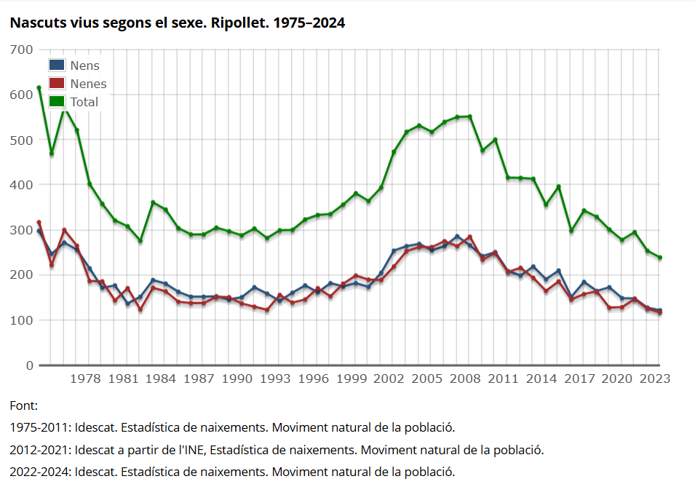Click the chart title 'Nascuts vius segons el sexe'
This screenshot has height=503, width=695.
coord(177,23)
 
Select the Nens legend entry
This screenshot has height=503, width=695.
coord(84,66)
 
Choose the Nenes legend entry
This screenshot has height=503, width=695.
coord(88,84)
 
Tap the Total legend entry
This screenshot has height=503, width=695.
coord(84,102)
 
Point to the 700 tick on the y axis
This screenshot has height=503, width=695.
coord(22,49)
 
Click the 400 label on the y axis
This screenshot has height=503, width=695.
coord(22,185)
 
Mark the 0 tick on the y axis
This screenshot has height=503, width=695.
coord(30,365)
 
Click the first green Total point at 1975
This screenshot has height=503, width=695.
coord(39,88)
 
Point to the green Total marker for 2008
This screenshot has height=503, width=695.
coord(469,116)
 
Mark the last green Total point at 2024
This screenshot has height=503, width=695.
coord(659,258)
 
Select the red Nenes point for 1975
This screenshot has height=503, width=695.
coord(39,223)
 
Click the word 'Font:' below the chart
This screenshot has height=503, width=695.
coord(23,405)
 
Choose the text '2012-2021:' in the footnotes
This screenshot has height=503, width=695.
coord(40,450)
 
